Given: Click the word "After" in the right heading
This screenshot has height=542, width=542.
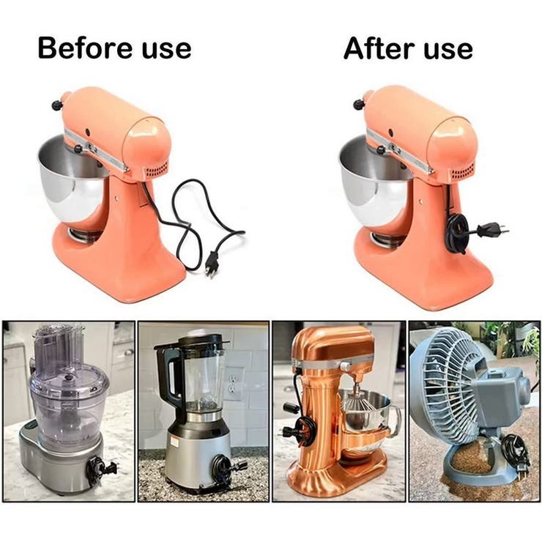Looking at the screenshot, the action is (x=379, y=48).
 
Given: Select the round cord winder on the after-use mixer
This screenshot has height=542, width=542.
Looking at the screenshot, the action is (x=457, y=233).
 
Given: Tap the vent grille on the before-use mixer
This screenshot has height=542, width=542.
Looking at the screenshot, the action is (x=157, y=170).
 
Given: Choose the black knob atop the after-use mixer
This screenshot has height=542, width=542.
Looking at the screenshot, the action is (x=359, y=103).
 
